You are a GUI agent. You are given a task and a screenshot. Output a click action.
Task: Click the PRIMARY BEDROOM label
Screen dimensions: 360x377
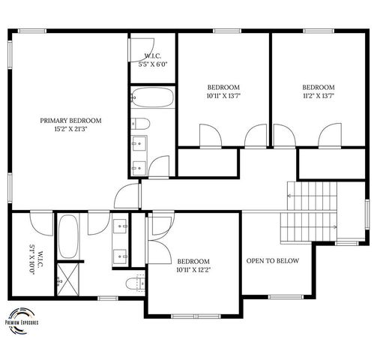(70, 120)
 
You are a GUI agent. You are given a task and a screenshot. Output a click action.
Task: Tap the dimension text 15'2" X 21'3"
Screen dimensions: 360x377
(70, 129)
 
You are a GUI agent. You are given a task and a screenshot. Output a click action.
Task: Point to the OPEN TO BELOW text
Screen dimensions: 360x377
(273, 261)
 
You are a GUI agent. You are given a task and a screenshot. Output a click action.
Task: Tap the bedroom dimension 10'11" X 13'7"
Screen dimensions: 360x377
(223, 95)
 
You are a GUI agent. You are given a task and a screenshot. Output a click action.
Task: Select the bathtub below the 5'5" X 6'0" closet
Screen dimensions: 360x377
(152, 97)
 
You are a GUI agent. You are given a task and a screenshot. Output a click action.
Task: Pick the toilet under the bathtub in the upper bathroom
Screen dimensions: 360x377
(141, 123)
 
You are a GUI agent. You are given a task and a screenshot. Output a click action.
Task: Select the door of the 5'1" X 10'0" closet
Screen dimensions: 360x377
(37, 222)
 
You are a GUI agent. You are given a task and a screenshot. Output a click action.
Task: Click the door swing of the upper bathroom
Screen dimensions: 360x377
(158, 165)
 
